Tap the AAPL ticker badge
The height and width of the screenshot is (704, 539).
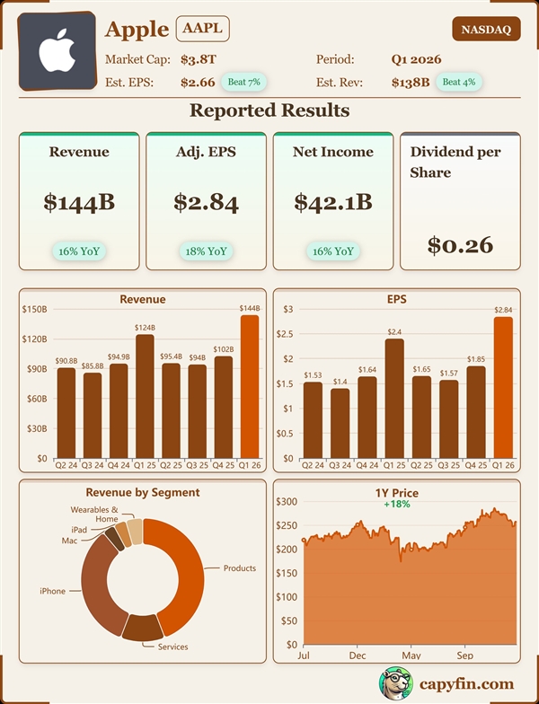click(x=202, y=29)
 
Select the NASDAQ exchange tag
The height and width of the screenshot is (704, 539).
click(x=486, y=30)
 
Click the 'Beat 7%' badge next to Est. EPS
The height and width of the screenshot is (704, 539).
click(x=243, y=83)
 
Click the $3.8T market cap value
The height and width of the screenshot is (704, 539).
click(x=199, y=60)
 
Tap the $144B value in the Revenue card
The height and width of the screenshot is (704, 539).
click(x=79, y=203)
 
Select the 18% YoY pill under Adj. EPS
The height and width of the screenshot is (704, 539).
click(x=205, y=251)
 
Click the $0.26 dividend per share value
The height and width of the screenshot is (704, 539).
click(x=460, y=243)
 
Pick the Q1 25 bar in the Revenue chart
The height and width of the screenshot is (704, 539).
click(x=145, y=395)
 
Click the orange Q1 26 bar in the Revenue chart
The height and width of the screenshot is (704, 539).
click(x=250, y=386)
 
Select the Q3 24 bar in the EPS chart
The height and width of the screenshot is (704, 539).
click(x=340, y=422)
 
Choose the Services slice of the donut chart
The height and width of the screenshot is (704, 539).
click(x=142, y=628)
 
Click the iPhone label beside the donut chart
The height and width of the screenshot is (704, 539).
click(x=52, y=590)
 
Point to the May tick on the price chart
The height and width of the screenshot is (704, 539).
click(x=411, y=656)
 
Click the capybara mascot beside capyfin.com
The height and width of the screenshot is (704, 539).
click(x=396, y=684)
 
